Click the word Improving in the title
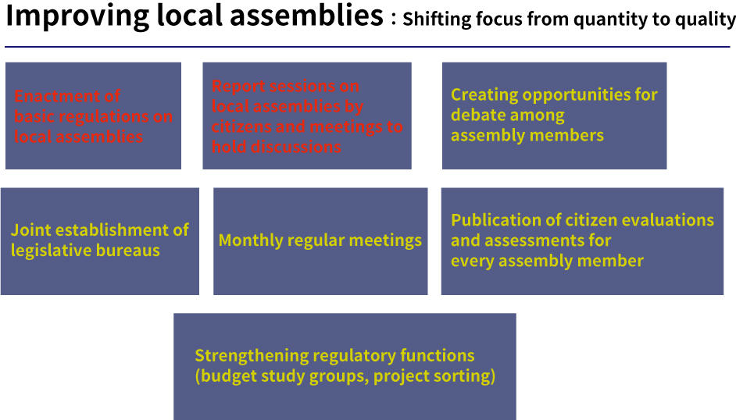pyautogui.click(x=77, y=16)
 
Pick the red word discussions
pyautogui.click(x=297, y=147)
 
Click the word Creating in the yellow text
pyautogui.click(x=484, y=95)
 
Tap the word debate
pyautogui.click(x=474, y=115)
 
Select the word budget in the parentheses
pyautogui.click(x=227, y=376)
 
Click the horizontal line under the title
pyautogui.click(x=367, y=47)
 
